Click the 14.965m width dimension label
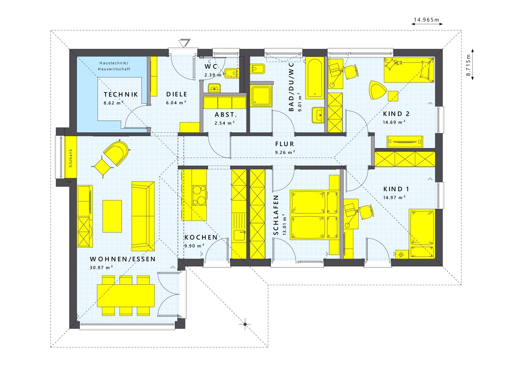pos(426,20)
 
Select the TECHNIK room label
pos(121,94)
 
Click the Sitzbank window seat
pos(70,158)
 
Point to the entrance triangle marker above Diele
pos(184,43)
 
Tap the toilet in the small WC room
pos(232,73)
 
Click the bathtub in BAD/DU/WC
pos(315,78)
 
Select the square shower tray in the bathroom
pos(261,95)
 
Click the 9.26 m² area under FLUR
pos(285,152)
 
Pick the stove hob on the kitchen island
pos(199,195)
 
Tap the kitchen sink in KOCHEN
pos(239,236)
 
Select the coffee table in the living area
pos(112,216)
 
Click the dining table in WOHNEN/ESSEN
pos(126,295)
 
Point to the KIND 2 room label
pos(396,114)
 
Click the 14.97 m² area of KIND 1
pos(394,197)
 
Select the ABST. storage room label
pos(226,115)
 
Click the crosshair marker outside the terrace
pos(245,324)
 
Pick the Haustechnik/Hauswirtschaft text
pos(114,66)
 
